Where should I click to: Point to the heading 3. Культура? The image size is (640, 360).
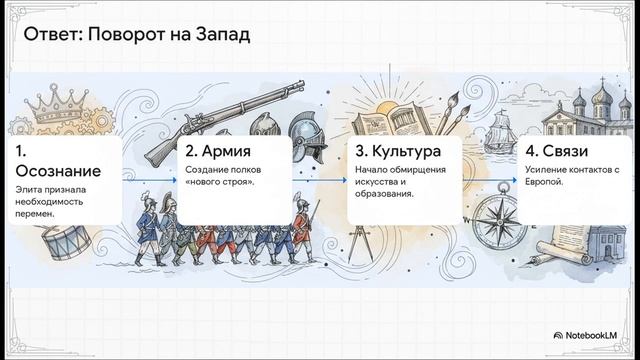pyautogui.click(x=398, y=152)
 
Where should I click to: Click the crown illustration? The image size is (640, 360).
pyautogui.click(x=40, y=106)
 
